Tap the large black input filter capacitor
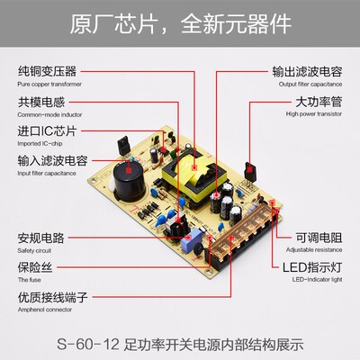tap(131, 178)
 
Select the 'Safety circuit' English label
tap(36, 253)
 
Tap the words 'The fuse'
tap(30, 282)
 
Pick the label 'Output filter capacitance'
tap(307, 83)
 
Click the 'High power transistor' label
tap(310, 114)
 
